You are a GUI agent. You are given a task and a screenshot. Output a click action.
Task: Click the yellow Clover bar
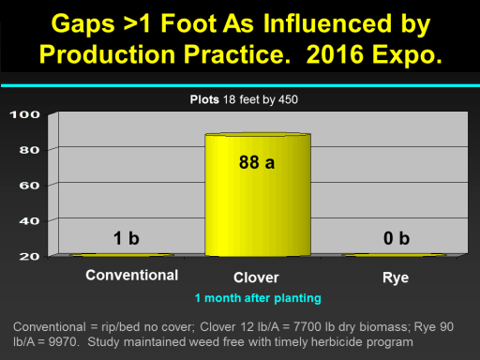coord(258,195)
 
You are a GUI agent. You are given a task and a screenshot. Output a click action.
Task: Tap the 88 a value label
coord(257,162)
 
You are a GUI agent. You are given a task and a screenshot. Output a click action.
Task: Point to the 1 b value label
coord(127,238)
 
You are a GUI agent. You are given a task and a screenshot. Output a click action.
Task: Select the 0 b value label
coord(397,238)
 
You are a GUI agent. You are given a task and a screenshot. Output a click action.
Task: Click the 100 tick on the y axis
coord(25,114)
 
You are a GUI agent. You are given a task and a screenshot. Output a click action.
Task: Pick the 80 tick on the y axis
coord(29,150)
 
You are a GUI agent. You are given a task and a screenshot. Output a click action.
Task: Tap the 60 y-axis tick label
coord(29,186)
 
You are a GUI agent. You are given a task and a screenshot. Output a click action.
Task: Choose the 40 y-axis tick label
coord(29,221)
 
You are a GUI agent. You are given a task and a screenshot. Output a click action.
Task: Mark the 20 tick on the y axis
coord(29,257)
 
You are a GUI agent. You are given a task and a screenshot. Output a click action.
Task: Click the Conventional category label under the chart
coord(132,276)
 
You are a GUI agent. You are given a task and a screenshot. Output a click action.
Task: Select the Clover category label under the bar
coord(256,277)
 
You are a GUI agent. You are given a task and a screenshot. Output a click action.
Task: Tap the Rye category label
coord(396,277)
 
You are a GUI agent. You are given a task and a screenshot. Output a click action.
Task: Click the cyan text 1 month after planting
coord(258,298)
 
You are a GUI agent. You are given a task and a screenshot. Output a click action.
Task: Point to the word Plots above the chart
coord(204,99)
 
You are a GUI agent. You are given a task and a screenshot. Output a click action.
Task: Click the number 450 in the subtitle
coord(288,99)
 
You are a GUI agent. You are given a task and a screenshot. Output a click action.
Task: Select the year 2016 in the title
coord(335,54)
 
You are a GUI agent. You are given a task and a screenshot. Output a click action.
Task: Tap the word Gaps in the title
coord(83,24)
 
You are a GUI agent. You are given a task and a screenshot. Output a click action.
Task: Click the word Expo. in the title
coord(407,55)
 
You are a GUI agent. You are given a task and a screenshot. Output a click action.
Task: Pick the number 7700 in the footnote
coord(307,327)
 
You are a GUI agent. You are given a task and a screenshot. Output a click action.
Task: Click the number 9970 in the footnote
coord(63,342)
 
